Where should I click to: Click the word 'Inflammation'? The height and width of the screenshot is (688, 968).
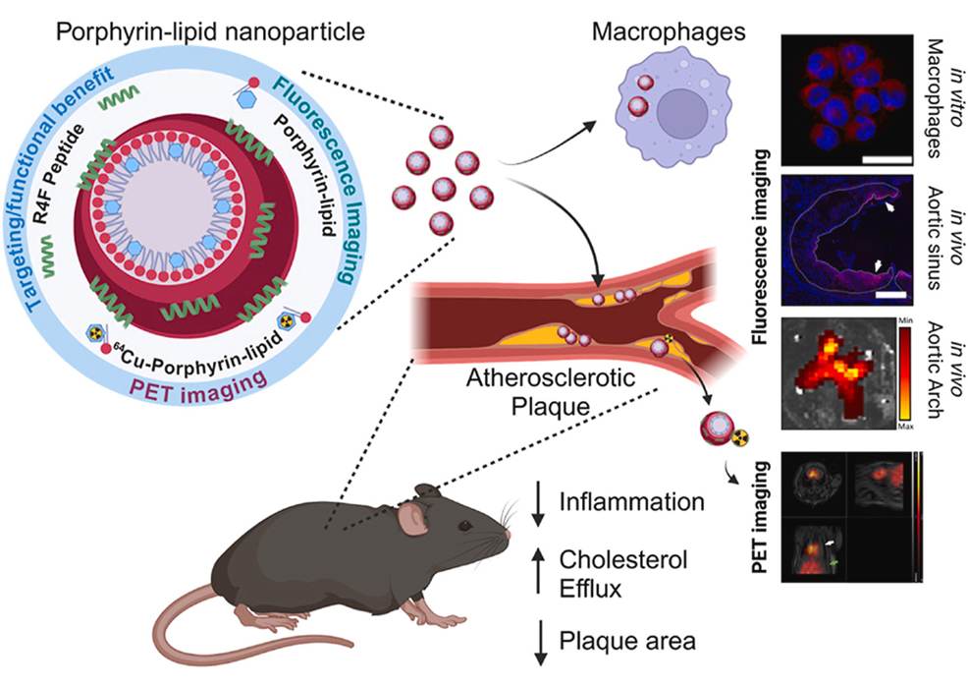tap(630, 501)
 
